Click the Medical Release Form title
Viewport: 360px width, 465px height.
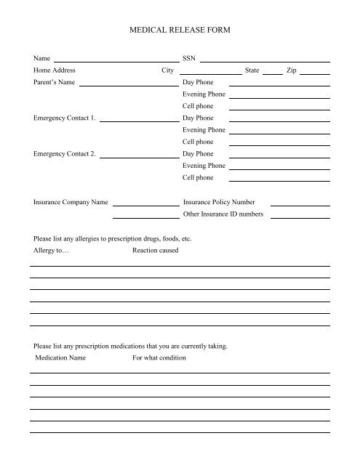click(x=179, y=31)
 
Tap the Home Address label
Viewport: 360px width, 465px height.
click(x=55, y=70)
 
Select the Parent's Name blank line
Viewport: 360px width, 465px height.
click(x=129, y=85)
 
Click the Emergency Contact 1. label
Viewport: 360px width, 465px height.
click(x=65, y=118)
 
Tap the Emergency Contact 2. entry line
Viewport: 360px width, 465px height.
click(x=139, y=156)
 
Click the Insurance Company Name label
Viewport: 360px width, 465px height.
click(x=71, y=202)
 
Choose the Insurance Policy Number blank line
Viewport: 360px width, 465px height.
click(x=300, y=205)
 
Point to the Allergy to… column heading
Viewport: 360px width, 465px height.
click(x=51, y=251)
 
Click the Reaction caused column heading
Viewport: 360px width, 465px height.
click(x=156, y=251)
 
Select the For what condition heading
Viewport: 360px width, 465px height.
click(x=159, y=358)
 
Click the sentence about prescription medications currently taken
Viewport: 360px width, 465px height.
click(x=131, y=346)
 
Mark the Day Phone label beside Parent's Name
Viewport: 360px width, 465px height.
click(x=198, y=83)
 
